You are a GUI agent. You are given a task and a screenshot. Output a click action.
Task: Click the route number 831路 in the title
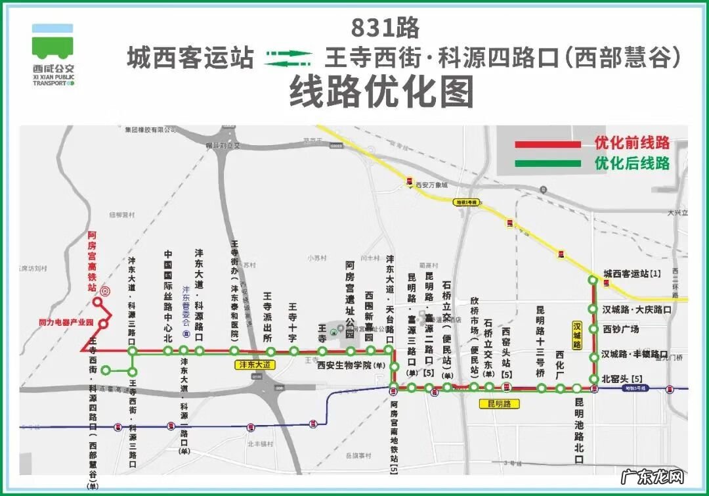(x=385, y=29)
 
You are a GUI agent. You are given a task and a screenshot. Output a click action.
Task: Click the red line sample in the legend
(x=548, y=144)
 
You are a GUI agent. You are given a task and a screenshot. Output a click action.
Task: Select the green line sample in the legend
(x=548, y=163)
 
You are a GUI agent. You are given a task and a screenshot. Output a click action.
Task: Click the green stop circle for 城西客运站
(x=592, y=281)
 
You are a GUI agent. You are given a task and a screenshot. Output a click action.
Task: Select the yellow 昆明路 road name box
(x=499, y=403)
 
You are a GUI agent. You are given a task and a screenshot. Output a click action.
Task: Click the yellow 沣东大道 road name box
(x=252, y=363)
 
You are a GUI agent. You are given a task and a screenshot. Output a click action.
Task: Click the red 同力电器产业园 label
(x=66, y=323)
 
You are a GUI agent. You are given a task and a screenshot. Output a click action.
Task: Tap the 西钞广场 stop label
(x=621, y=328)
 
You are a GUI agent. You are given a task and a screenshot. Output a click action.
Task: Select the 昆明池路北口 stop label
(x=578, y=430)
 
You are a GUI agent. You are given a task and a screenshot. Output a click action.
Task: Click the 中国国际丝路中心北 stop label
(x=168, y=296)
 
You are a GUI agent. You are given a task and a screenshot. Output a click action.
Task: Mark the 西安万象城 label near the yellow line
(x=431, y=185)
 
